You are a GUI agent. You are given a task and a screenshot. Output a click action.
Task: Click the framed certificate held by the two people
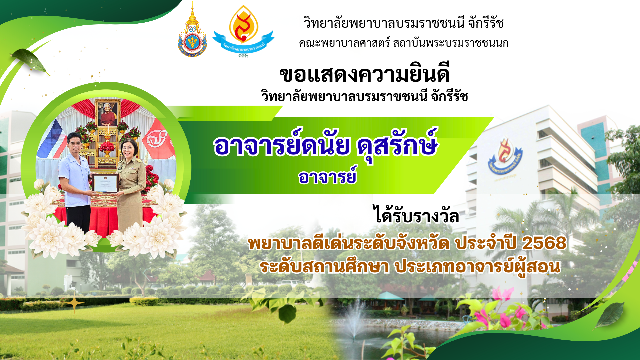[x=105, y=184]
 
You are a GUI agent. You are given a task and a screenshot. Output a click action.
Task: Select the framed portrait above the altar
[x=108, y=113]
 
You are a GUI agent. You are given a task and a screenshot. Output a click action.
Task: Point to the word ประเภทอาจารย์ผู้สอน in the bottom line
[x=477, y=267]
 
